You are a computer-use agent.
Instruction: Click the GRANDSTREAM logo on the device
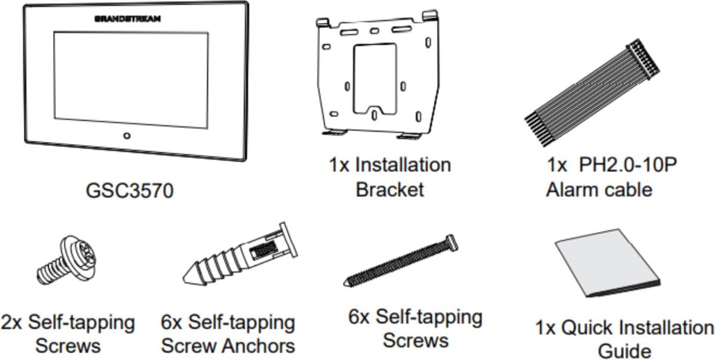[128, 19]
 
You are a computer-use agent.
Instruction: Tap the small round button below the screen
[127, 136]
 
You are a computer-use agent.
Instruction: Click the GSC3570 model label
[130, 191]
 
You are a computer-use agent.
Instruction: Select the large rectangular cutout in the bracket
[375, 79]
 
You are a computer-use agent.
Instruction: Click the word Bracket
[390, 190]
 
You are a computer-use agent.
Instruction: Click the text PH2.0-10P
[628, 165]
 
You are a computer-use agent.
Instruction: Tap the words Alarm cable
[599, 190]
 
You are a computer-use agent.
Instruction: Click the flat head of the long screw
[452, 243]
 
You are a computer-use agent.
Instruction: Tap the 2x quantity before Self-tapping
[11, 322]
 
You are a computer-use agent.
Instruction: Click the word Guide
[624, 352]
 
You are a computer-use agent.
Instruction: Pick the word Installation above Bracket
[403, 165]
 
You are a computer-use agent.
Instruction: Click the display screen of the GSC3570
[131, 80]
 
